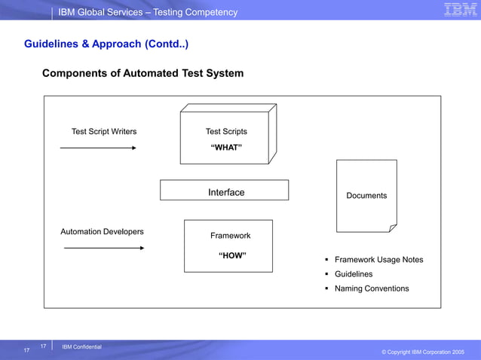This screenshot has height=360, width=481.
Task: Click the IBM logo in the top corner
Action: coord(460,10)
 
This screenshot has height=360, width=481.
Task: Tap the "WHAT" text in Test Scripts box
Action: coord(226,147)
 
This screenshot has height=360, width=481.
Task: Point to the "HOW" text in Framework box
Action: coord(232,255)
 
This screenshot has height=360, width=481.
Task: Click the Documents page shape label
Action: coord(366,196)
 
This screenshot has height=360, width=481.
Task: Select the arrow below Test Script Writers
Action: coord(98,148)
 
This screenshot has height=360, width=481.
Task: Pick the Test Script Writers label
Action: coord(104,132)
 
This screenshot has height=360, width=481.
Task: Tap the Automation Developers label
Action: coord(102,232)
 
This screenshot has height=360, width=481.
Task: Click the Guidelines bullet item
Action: coord(354,274)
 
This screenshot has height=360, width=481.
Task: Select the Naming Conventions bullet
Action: coord(372,288)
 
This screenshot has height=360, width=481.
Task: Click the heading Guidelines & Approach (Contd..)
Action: coord(106,44)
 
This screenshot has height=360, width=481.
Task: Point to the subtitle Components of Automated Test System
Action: coord(142,73)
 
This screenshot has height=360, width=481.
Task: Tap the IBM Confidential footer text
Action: coord(81,346)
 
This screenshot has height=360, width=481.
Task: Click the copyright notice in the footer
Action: coord(422,352)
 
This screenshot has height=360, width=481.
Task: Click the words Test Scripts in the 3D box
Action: coord(226,132)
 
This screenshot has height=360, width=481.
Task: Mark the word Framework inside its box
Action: coord(231,236)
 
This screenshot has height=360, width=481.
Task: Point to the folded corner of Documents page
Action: coord(391,227)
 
